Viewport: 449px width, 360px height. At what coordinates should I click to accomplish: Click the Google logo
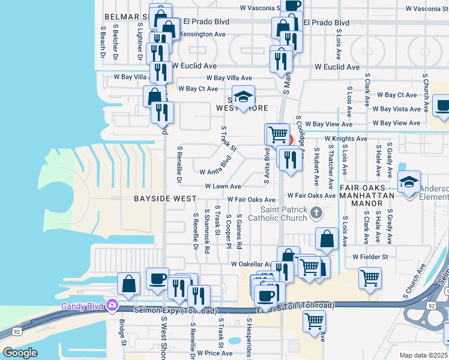click(x=19, y=353)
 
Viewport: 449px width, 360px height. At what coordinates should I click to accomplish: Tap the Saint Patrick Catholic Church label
click(x=284, y=213)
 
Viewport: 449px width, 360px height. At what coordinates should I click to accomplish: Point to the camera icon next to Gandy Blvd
click(x=112, y=306)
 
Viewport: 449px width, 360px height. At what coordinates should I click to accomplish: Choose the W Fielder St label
click(x=370, y=257)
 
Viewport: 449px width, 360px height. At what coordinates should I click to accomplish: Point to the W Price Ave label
click(x=215, y=353)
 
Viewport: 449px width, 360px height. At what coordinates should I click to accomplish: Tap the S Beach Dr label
click(x=103, y=41)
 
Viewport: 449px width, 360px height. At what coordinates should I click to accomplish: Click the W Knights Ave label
click(x=346, y=139)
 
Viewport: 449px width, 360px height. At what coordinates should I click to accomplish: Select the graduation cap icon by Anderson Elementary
click(x=409, y=181)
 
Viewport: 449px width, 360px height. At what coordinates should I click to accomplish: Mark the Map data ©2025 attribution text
click(x=424, y=355)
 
